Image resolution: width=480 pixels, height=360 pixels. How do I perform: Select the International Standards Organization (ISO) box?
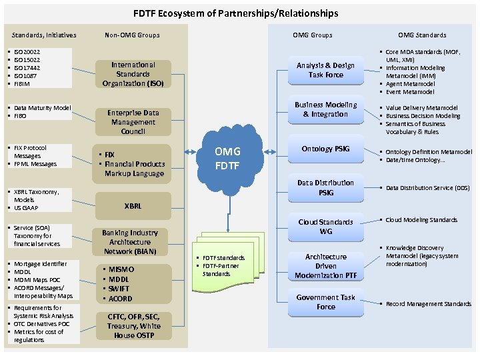(x=133, y=74)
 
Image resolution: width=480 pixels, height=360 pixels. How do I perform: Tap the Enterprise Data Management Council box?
(x=133, y=122)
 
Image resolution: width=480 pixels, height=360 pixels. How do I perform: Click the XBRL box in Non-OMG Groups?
(x=133, y=206)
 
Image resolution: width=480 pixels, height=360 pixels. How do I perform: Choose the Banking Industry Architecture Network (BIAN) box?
(x=130, y=242)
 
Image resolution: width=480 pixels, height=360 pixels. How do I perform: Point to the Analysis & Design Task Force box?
(x=325, y=70)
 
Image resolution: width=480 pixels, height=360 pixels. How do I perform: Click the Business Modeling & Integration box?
(x=325, y=109)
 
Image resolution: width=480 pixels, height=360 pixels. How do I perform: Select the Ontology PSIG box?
(x=325, y=149)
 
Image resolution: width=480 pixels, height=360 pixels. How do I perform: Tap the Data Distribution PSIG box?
(x=325, y=187)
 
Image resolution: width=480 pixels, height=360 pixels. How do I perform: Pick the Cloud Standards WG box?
(x=325, y=227)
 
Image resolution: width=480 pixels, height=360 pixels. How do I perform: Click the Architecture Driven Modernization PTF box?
(x=325, y=266)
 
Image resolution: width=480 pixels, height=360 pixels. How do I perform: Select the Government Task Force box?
(x=325, y=302)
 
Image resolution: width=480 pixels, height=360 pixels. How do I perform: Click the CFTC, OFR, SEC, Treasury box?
(x=133, y=325)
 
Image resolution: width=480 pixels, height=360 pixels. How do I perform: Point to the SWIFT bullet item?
(x=120, y=289)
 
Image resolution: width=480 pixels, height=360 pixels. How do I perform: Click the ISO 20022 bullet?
(x=27, y=52)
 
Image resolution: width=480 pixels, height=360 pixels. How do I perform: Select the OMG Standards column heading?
(x=422, y=35)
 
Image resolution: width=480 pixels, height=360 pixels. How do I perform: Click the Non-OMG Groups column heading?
(x=132, y=35)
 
